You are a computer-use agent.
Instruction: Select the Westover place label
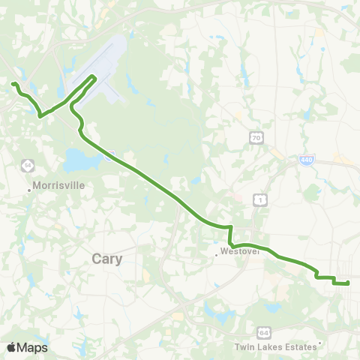click(239, 253)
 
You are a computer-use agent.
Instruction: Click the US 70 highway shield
click(256, 137)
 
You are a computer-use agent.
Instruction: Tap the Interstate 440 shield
click(310, 160)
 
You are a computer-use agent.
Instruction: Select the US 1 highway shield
click(259, 199)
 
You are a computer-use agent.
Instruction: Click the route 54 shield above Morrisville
click(27, 165)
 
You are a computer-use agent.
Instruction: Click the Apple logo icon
click(12, 347)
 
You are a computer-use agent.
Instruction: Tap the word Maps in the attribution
click(32, 347)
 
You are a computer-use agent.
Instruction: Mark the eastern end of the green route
click(349, 283)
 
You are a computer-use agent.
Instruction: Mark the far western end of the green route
click(13, 82)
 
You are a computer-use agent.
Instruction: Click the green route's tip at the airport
click(94, 76)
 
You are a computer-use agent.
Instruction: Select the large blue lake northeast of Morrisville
click(77, 159)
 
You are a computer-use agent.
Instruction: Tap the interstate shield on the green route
click(109, 155)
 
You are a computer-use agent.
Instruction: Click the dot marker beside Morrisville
click(29, 190)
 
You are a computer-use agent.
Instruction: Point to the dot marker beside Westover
click(217, 254)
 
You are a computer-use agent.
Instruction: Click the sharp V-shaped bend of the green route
click(40, 116)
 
